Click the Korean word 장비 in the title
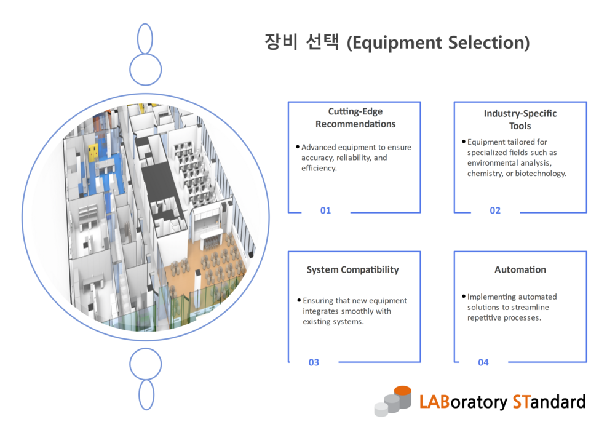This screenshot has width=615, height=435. click(281, 42)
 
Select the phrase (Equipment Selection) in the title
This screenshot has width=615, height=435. click(438, 43)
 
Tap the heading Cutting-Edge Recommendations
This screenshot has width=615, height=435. click(355, 118)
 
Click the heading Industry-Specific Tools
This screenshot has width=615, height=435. click(520, 119)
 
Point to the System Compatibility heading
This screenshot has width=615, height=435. click(352, 269)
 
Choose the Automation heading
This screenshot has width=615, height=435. click(520, 269)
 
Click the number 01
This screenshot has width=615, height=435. click(325, 210)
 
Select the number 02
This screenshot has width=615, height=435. click(495, 210)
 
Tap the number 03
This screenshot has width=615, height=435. click(314, 362)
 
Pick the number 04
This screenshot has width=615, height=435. click(483, 362)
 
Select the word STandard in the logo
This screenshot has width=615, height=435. click(549, 402)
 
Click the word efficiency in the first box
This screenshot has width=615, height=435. click(319, 168)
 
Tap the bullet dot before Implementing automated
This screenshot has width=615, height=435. click(463, 297)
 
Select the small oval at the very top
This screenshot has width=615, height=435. click(145, 38)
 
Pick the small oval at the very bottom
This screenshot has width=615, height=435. click(146, 394)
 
